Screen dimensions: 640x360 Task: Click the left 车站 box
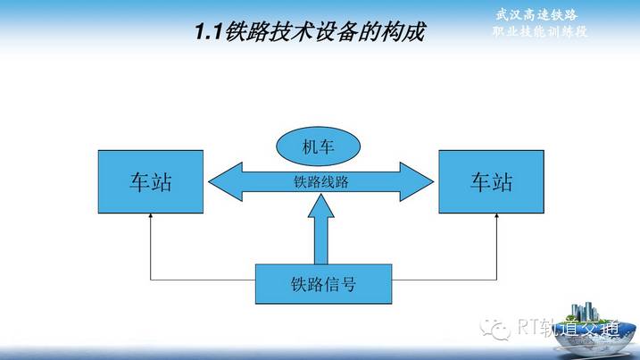click(x=151, y=182)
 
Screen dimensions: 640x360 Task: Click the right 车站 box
click(x=492, y=182)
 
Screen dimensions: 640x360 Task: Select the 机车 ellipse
click(x=319, y=147)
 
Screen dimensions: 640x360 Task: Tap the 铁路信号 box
click(x=324, y=284)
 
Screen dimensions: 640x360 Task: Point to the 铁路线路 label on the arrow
click(x=321, y=182)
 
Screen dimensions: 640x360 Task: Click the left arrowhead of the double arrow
click(x=225, y=182)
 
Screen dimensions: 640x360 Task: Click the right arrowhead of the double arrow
click(x=417, y=182)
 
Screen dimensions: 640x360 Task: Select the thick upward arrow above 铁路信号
click(x=321, y=229)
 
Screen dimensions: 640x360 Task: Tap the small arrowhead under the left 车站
click(x=151, y=215)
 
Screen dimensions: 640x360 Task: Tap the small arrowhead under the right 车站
click(x=496, y=215)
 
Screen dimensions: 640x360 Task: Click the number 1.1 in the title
click(x=208, y=32)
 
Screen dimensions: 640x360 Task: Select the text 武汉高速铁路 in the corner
click(x=536, y=15)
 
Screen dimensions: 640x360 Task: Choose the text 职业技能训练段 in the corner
click(x=540, y=31)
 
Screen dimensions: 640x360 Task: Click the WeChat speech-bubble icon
click(x=495, y=329)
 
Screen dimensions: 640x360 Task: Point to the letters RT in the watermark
click(x=528, y=326)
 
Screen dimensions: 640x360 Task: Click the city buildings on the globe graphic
click(x=585, y=312)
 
